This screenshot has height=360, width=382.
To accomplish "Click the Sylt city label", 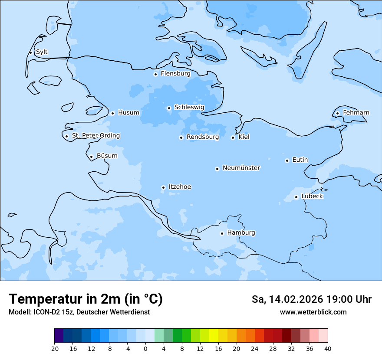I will [x=42, y=52].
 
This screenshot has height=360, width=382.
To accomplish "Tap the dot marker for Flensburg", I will [x=155, y=74].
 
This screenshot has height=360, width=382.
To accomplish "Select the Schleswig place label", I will [x=189, y=107].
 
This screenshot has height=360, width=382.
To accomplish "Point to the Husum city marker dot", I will [x=112, y=113].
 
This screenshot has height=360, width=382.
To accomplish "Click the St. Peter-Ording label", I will [x=95, y=136].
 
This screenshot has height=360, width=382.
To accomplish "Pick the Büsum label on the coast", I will [x=107, y=156].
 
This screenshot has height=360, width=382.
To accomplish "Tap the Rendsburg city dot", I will [x=181, y=138].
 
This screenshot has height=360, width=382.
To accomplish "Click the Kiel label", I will [x=244, y=137].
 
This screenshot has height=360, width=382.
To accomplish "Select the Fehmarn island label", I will [x=356, y=113].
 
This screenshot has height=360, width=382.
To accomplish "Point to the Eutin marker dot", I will [x=287, y=160].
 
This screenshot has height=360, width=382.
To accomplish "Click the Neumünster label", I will [x=241, y=168].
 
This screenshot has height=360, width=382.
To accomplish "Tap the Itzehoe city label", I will [x=180, y=187].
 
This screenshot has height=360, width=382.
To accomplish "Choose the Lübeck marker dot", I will [x=296, y=197].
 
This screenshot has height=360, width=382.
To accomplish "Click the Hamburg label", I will [x=241, y=233].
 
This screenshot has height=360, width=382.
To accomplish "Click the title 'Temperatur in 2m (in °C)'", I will [x=86, y=299].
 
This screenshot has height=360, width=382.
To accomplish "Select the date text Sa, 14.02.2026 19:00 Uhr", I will [x=311, y=299].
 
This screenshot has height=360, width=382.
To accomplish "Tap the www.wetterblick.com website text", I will [x=313, y=312].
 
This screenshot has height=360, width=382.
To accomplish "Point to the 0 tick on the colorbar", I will [x=145, y=349].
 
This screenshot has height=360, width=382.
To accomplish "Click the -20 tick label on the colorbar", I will [x=54, y=349].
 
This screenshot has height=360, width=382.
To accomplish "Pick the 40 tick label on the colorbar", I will [x=328, y=349].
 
